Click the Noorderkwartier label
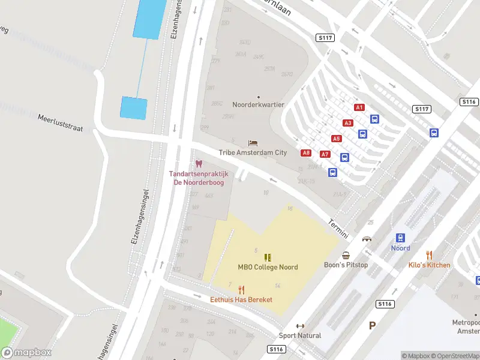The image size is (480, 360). pyautogui.click(x=258, y=104)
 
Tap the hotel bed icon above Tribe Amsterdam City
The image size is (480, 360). pyautogui.click(x=253, y=143)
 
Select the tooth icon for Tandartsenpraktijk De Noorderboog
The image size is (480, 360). pyautogui.click(x=199, y=164)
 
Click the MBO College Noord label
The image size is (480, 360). pyautogui.click(x=268, y=267)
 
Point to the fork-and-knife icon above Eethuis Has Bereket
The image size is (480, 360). pyautogui.click(x=241, y=289)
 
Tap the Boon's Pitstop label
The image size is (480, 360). pyautogui.click(x=346, y=265)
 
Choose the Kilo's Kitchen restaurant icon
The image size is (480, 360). pyautogui.click(x=429, y=255)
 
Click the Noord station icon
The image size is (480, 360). pyautogui.click(x=400, y=238)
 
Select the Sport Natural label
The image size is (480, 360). pyautogui.click(x=300, y=335)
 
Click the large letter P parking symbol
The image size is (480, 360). pyautogui.click(x=372, y=326)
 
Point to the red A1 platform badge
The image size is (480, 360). pyautogui.click(x=359, y=107)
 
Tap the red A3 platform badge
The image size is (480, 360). pyautogui.click(x=348, y=123)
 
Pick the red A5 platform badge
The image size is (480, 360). pyautogui.click(x=337, y=139)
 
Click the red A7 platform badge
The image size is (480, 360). pyautogui.click(x=325, y=154)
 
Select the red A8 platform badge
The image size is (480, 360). pyautogui.click(x=306, y=153)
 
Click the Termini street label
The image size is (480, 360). pyautogui.click(x=338, y=228)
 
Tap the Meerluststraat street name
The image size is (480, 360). pyautogui.click(x=60, y=122)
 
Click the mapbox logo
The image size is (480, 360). pyautogui.click(x=26, y=353)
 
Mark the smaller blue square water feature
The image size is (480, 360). pyautogui.click(x=133, y=108)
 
